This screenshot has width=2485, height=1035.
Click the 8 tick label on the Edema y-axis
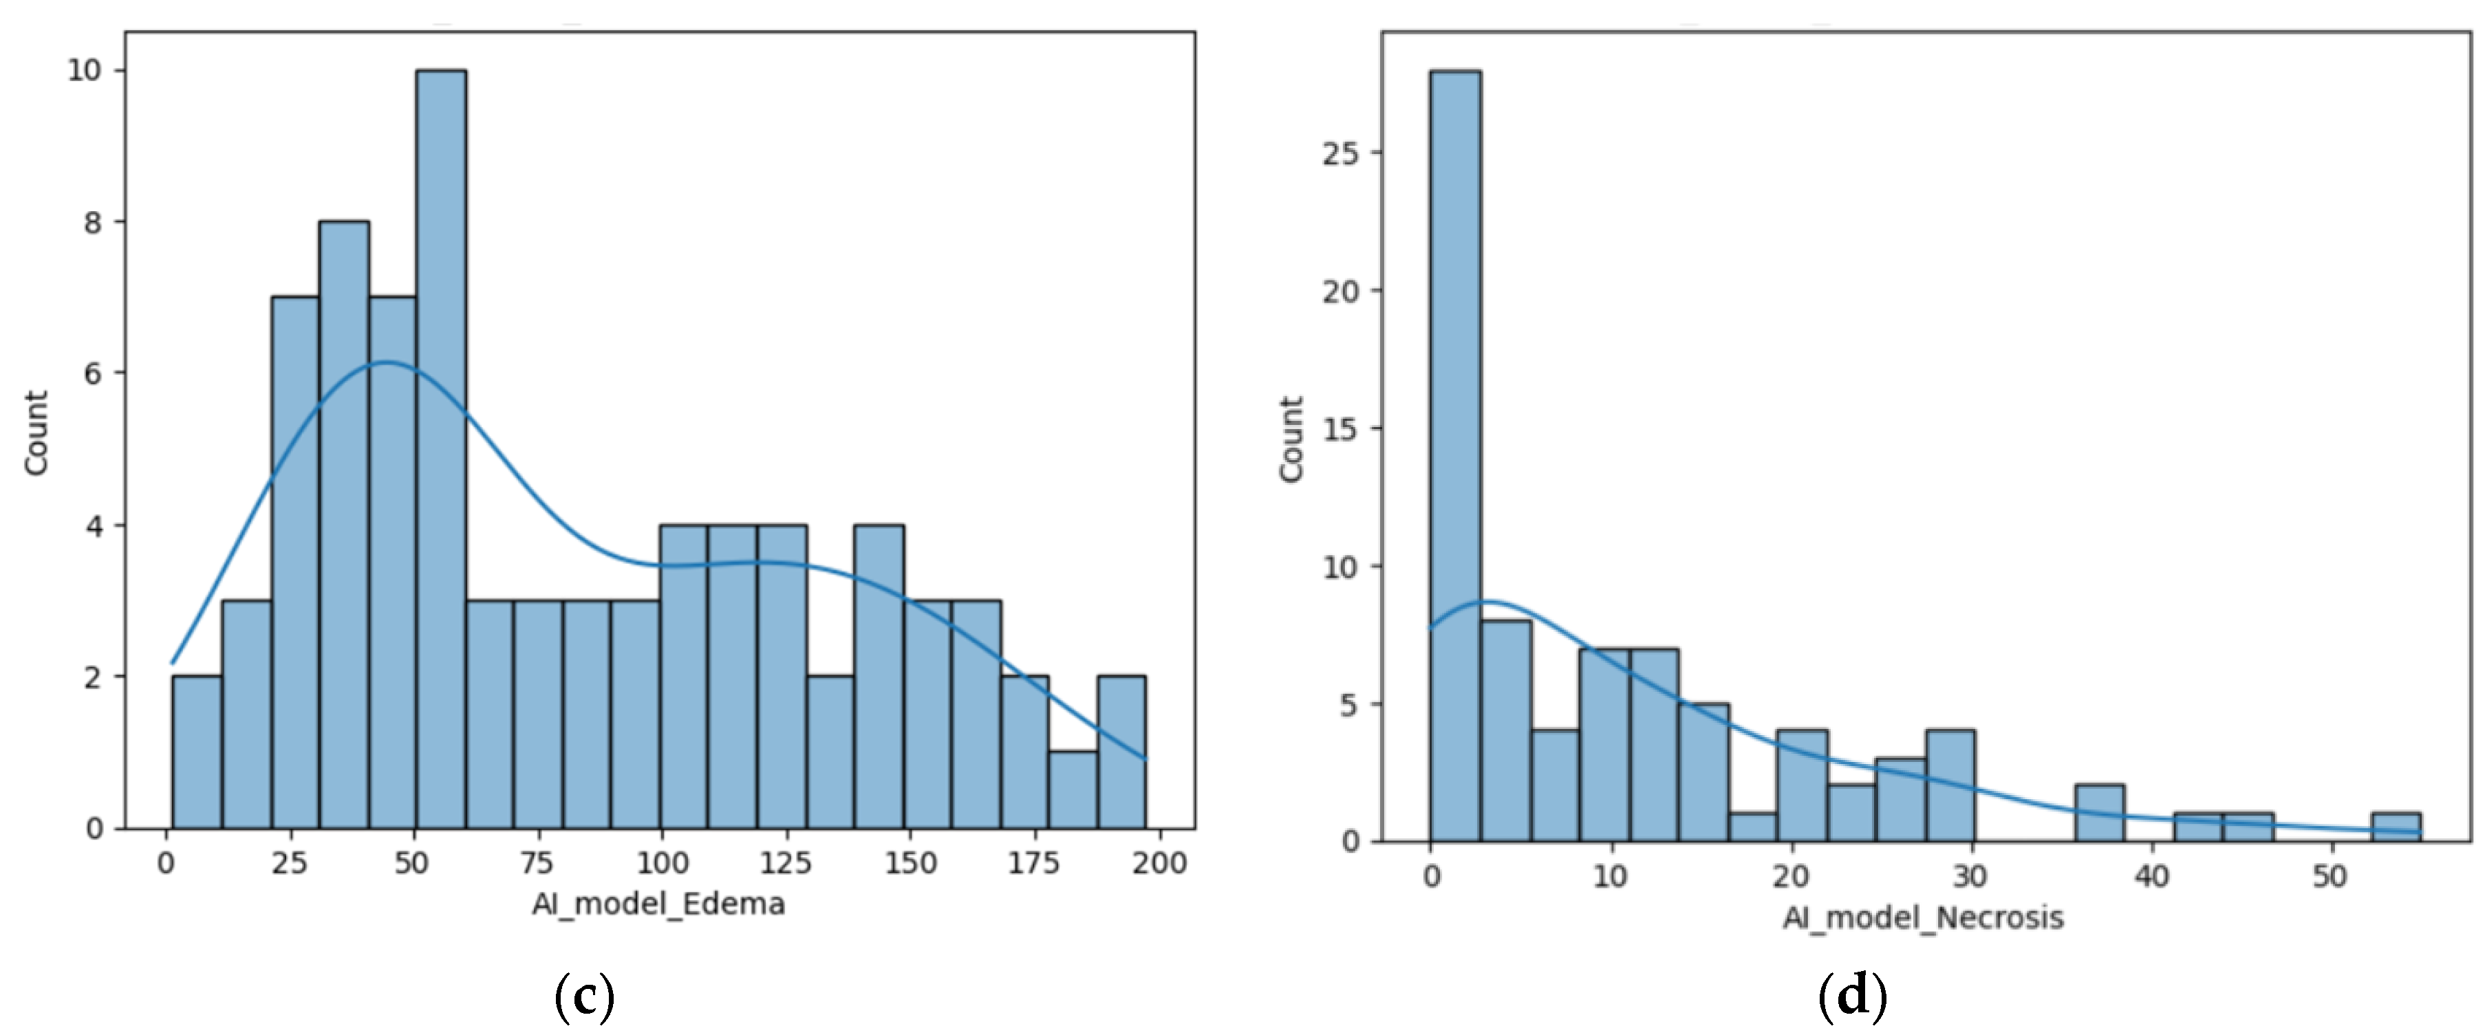93,223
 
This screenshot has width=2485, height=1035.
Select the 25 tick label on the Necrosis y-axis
1340,153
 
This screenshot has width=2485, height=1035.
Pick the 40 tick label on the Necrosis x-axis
2150,876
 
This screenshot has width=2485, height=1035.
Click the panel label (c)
585,996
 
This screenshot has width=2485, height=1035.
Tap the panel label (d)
1851,996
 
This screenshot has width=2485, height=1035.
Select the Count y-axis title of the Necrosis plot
1291,439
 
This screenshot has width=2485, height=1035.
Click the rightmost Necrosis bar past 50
2396,827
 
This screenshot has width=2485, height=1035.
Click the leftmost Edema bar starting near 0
197,752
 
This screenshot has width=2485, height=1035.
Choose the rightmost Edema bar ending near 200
1121,752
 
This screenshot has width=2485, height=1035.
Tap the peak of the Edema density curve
386,362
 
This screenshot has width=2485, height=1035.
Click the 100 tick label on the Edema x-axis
662,862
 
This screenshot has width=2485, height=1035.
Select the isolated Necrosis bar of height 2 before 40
2099,813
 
